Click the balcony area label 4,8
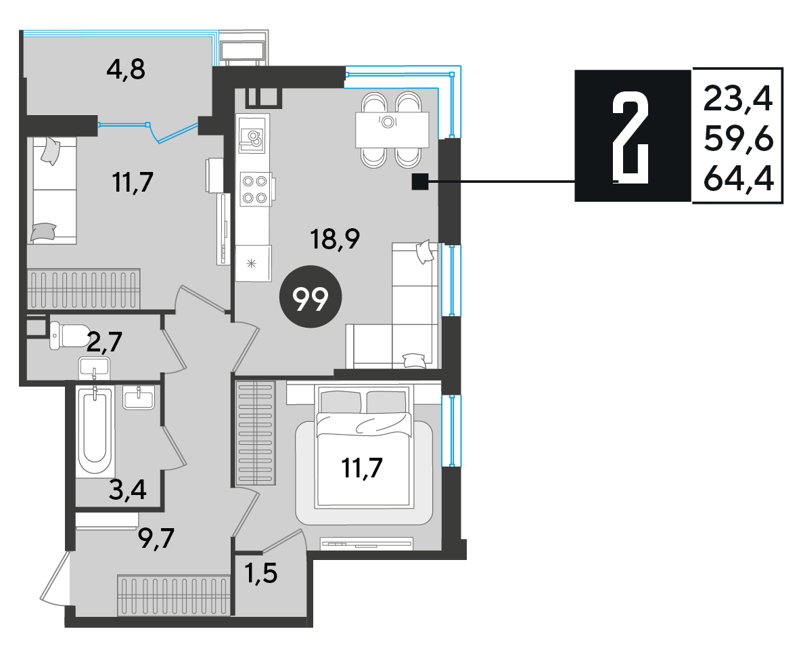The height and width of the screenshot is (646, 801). [x=126, y=69]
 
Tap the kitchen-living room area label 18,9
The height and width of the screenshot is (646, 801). [x=336, y=238]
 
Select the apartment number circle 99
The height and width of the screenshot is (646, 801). [x=311, y=297]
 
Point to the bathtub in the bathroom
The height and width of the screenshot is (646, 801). [x=95, y=432]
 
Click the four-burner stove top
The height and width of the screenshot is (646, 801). [x=254, y=189]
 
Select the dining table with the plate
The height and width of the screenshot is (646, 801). [x=392, y=130]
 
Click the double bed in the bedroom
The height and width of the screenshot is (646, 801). [x=364, y=447]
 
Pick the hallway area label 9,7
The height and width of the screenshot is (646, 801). [x=156, y=538]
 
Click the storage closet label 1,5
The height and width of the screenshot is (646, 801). [x=261, y=573]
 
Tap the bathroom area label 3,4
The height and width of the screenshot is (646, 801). [x=128, y=490]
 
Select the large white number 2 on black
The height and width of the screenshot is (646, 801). [x=631, y=137]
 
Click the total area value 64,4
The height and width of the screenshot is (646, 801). [x=739, y=179]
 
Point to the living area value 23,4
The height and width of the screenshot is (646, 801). [x=739, y=99]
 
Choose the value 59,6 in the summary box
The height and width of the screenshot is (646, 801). [x=739, y=139]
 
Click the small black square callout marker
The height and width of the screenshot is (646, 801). [x=420, y=181]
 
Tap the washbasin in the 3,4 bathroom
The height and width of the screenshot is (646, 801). [x=139, y=397]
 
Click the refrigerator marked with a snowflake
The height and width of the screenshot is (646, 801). [x=253, y=263]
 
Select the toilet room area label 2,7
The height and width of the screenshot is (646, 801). [x=104, y=342]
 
